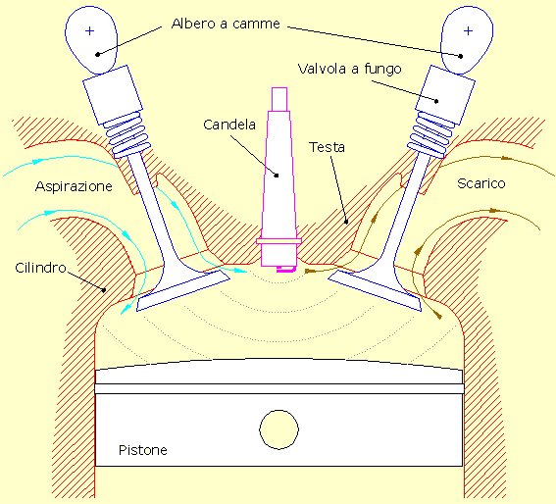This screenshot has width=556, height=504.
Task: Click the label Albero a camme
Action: (x=226, y=24)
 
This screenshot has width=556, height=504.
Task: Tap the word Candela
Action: (x=229, y=125)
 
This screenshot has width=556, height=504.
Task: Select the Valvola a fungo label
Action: (x=350, y=70)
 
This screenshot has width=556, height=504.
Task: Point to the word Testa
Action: (x=327, y=147)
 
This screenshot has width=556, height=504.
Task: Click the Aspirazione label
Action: (x=74, y=186)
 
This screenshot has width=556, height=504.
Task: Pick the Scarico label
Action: (x=481, y=183)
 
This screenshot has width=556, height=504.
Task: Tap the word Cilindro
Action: (x=41, y=268)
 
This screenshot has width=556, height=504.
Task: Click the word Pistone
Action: (x=143, y=450)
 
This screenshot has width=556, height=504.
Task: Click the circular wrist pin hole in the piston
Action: (x=279, y=429)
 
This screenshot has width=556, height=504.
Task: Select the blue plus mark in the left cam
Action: (x=89, y=31)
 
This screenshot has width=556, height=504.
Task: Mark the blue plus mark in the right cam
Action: (x=468, y=31)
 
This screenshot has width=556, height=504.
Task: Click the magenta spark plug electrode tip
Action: (x=285, y=270)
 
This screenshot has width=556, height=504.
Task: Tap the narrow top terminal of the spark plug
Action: (x=279, y=99)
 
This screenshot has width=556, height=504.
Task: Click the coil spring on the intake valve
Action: (x=126, y=134)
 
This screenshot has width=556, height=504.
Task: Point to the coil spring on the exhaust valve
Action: (x=431, y=134)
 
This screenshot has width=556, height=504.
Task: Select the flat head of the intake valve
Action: (x=183, y=290)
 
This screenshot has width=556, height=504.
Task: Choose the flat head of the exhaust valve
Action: (x=375, y=290)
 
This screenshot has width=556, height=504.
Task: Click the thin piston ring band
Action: (x=279, y=388)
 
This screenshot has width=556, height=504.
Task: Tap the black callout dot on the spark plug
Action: (x=277, y=176)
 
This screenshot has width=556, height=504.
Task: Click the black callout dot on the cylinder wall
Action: (x=104, y=290)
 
